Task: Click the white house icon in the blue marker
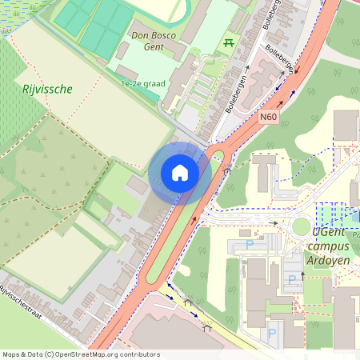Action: pos(180,173)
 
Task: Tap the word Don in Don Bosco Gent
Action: pos(141,35)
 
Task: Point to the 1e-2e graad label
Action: pos(142,83)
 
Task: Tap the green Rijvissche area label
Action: pos(48,90)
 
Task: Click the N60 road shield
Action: pos(268,117)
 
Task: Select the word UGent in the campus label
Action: pos(330,232)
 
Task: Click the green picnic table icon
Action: pos(230,42)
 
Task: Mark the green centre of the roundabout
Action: pos(301,226)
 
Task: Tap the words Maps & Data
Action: pos(22,354)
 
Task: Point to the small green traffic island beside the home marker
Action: pos(214,155)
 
